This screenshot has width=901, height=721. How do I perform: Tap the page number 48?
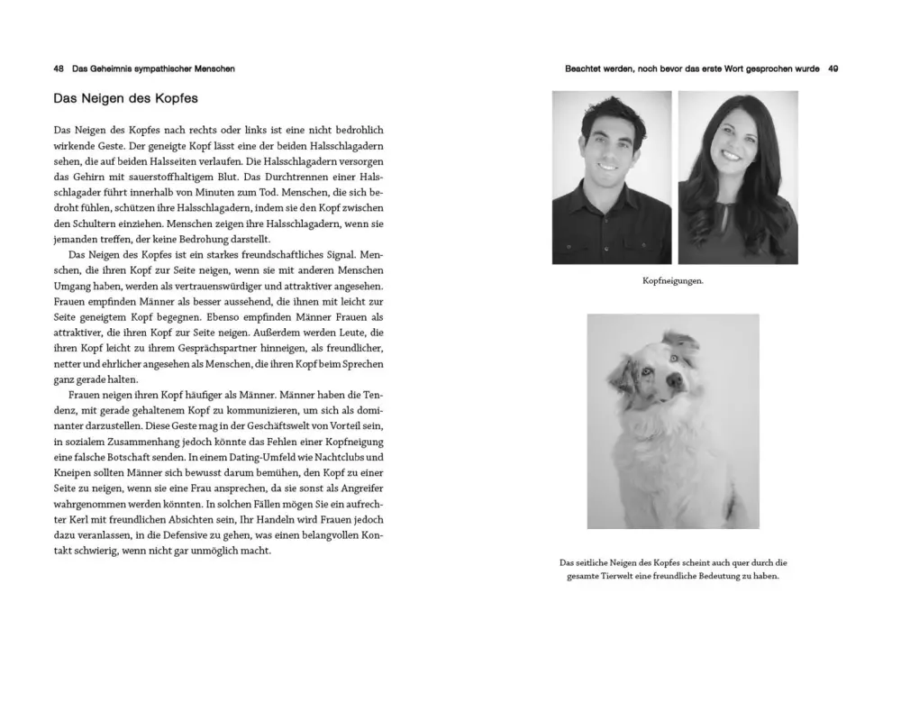point(59,68)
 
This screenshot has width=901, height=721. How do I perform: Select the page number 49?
point(833,68)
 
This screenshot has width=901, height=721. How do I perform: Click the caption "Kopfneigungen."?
point(672,280)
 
